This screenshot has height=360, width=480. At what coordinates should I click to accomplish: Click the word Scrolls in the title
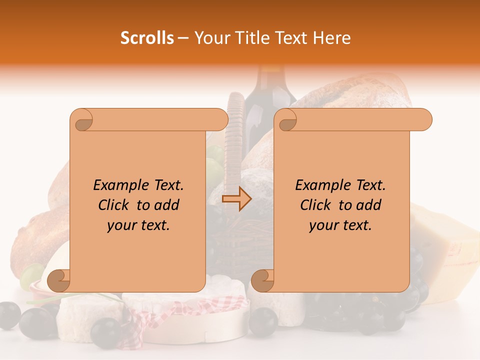pyautogui.click(x=147, y=38)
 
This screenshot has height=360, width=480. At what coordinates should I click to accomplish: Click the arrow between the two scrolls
pyautogui.click(x=237, y=199)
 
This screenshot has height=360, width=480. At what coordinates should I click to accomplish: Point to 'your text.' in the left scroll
pyautogui.click(x=138, y=225)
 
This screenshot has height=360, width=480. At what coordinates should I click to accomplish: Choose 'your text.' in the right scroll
pyautogui.click(x=340, y=225)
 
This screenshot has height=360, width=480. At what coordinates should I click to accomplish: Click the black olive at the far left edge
pyautogui.click(x=8, y=315)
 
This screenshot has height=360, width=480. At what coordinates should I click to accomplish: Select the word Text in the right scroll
pyautogui.click(x=369, y=185)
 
